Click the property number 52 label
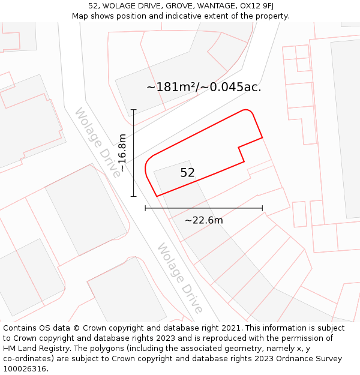[x=187, y=173]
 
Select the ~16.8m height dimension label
[x=122, y=152]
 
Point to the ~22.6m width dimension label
[x=203, y=220]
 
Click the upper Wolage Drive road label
[x=97, y=143]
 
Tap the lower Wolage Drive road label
[x=179, y=278]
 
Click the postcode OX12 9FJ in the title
[x=252, y=5]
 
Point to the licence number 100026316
[x=24, y=369]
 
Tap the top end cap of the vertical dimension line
[x=133, y=110]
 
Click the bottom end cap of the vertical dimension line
[x=133, y=196]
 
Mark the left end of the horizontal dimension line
[x=145, y=208]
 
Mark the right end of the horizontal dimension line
[x=262, y=208]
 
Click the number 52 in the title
[x=93, y=5]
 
